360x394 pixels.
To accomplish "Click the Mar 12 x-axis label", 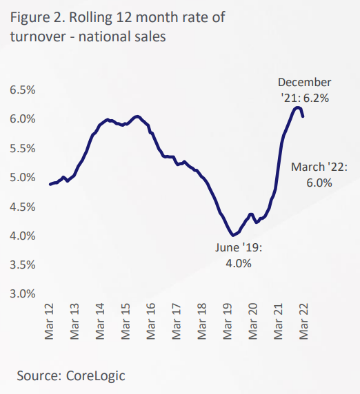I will [50, 322].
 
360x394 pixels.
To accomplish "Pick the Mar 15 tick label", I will [126, 322].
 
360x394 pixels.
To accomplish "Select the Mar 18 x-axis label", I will [201, 322].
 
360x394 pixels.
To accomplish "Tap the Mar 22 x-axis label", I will [302, 322].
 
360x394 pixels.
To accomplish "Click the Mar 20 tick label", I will [252, 322].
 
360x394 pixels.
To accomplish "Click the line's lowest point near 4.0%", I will [234, 235].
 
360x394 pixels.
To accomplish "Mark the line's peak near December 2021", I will [297, 107].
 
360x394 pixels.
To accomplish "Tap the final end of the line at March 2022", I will [303, 116].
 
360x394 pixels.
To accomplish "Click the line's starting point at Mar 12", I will [50, 185].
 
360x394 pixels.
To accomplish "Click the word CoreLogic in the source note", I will [97, 375].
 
